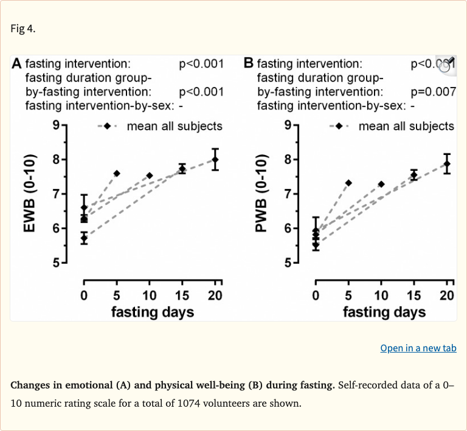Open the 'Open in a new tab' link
[x=418, y=348]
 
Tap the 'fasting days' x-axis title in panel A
[x=152, y=312]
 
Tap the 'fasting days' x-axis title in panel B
[x=384, y=312]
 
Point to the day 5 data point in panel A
[x=117, y=173]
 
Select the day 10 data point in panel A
[x=150, y=176]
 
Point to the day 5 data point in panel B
[x=348, y=183]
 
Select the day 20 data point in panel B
[x=447, y=164]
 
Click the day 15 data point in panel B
[x=414, y=175]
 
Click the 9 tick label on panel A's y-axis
[x=55, y=126]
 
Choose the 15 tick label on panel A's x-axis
[x=182, y=296]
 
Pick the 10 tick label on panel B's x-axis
[x=381, y=296]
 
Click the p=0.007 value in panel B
[x=433, y=92]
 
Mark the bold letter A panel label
[x=17, y=64]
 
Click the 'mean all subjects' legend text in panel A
[x=175, y=126]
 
